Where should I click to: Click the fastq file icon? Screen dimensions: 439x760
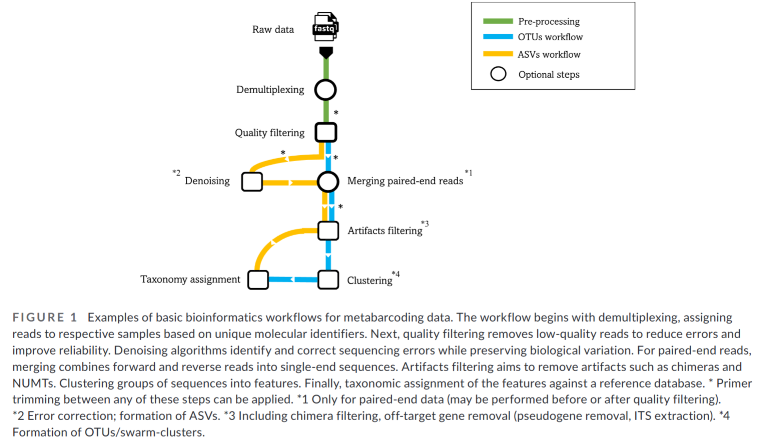[x=325, y=27]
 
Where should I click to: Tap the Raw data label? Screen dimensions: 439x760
[x=273, y=30]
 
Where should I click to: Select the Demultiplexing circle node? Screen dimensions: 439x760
[x=325, y=90]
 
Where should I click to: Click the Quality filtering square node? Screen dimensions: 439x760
[x=326, y=132]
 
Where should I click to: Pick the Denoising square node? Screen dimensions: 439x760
[x=252, y=181]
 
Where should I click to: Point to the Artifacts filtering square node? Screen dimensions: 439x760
[x=328, y=231]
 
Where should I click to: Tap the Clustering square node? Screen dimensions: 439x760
[x=328, y=280]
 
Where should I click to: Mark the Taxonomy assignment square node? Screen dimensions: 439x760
[x=258, y=280]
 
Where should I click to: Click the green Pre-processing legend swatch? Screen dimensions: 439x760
[x=498, y=21]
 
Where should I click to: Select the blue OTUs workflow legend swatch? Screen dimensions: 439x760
[x=498, y=37]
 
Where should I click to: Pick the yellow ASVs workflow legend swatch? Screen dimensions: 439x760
[x=498, y=54]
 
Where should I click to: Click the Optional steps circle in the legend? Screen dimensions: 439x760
[x=498, y=74]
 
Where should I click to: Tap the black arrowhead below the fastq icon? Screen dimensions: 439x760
[x=326, y=52]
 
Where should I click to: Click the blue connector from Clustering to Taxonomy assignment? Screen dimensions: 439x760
[x=293, y=279]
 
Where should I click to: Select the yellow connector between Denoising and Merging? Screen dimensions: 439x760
[x=289, y=183]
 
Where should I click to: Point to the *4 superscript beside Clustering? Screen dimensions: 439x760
[x=396, y=274]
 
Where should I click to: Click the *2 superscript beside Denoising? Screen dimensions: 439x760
[x=176, y=173]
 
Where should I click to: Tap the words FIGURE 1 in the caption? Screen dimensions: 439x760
[x=45, y=317]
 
